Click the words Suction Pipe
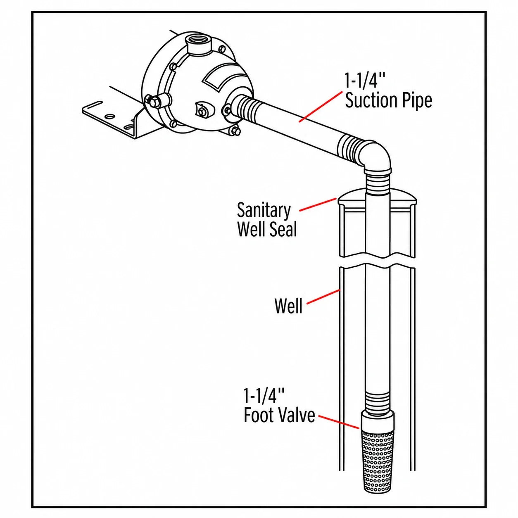click(388, 101)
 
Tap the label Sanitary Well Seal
click(267, 220)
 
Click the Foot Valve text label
click(279, 423)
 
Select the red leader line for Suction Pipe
click(322, 107)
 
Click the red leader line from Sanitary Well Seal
click(318, 204)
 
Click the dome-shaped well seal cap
click(377, 197)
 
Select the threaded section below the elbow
click(377, 182)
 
